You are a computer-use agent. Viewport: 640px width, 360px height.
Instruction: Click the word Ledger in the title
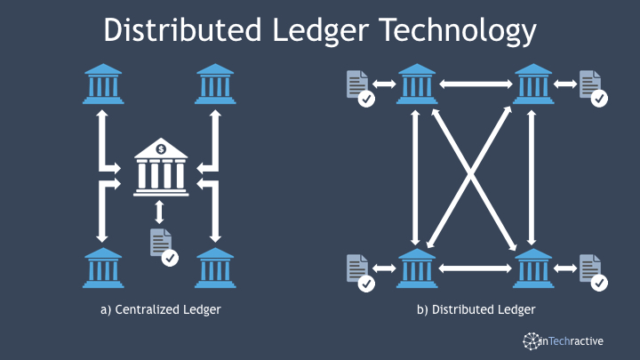[x=320, y=31]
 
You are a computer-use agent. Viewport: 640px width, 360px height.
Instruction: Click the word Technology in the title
[x=458, y=31]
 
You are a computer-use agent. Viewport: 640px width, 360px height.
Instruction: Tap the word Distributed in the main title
[x=182, y=30]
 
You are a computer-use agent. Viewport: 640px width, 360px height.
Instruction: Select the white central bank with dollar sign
[x=161, y=167]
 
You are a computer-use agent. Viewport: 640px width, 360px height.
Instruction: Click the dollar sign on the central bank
[x=161, y=149]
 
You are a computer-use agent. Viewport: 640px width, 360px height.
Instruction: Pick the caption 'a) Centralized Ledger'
[x=160, y=310]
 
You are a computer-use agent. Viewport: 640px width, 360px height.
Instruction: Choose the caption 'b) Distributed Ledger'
[x=476, y=310]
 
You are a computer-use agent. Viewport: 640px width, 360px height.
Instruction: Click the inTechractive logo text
[x=572, y=340]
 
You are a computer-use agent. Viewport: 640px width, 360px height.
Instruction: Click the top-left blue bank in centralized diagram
[x=103, y=84]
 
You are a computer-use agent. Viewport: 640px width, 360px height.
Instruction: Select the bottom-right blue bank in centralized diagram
[x=215, y=268]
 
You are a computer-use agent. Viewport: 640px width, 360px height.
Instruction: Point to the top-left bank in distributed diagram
[x=417, y=84]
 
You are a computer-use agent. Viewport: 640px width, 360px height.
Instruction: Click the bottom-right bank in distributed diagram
[x=533, y=268]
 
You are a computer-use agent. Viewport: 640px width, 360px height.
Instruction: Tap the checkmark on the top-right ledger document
[x=599, y=99]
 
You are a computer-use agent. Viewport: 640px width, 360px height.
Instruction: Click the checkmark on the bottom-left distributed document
[x=366, y=284]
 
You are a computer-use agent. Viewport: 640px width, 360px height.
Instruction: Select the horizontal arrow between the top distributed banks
[x=476, y=84]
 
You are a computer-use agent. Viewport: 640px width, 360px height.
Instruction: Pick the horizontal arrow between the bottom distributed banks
[x=475, y=268]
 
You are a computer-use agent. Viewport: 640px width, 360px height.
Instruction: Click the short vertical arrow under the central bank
[x=160, y=212]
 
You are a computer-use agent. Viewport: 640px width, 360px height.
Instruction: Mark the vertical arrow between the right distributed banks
[x=532, y=178]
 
